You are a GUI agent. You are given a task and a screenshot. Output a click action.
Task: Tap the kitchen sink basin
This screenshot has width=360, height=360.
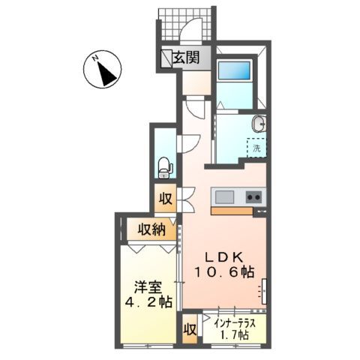coord(225,197)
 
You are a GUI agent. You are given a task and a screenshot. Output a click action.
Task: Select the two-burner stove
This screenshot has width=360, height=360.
coord(253,197)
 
